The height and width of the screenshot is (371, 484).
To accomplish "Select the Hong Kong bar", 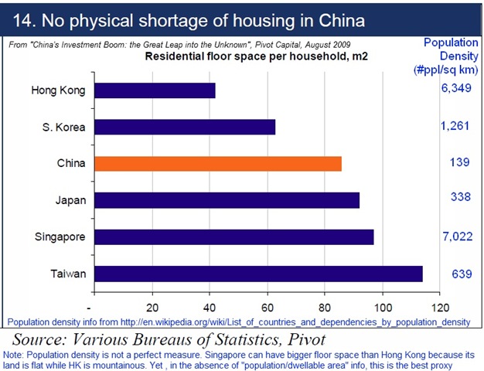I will [x=155, y=90].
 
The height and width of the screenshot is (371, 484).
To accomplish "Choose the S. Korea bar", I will [x=185, y=127].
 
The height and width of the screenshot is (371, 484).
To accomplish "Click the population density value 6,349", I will [x=455, y=90].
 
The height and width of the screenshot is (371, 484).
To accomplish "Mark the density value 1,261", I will [x=455, y=126].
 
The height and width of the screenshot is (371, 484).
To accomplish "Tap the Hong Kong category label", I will [x=58, y=90].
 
